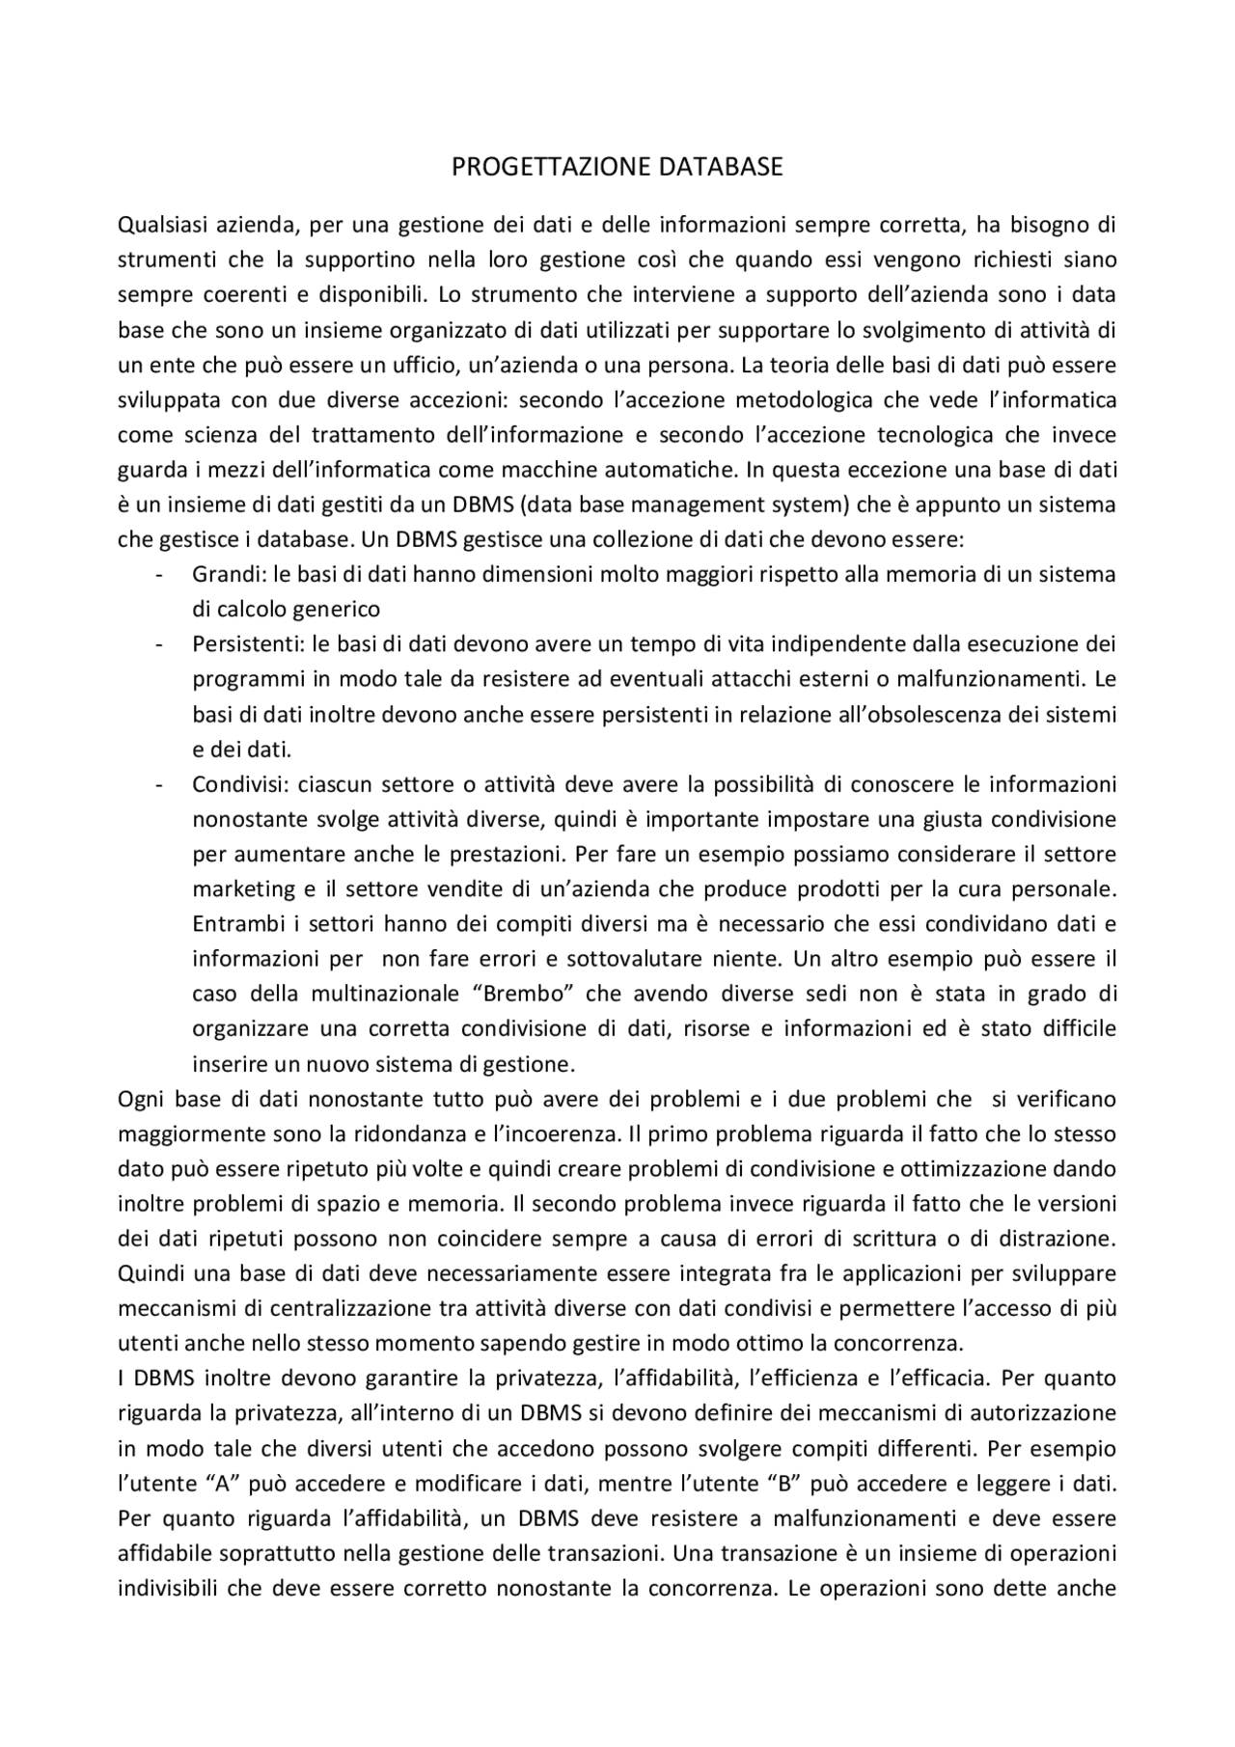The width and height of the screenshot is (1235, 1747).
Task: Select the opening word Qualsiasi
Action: point(159,226)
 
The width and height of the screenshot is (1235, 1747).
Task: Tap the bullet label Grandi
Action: point(227,575)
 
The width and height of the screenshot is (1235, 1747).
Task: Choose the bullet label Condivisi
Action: point(237,784)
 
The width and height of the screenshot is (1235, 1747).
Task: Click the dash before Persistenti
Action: point(157,644)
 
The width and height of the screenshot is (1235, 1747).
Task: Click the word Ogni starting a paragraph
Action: point(139,1099)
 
